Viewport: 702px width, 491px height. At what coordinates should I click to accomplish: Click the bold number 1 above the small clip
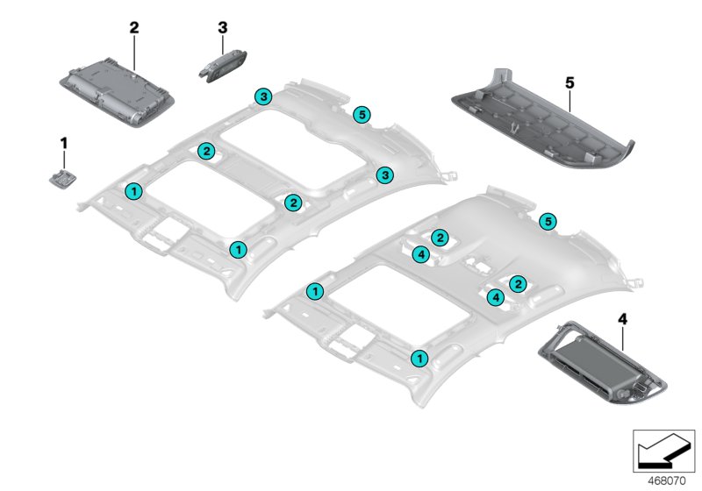tap(62, 141)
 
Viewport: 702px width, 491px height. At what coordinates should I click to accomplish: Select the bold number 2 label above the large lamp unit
tap(134, 28)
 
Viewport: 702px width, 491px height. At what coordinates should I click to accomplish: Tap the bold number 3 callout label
tap(222, 28)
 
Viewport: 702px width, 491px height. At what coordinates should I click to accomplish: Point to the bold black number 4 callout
tap(624, 321)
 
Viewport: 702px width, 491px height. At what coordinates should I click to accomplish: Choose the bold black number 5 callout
tap(569, 82)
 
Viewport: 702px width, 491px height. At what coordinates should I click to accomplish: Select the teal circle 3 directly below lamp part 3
tap(262, 96)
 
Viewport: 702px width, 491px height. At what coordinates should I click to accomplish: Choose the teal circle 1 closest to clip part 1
tap(133, 189)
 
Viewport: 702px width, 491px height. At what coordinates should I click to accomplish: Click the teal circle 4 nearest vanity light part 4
tap(496, 298)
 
